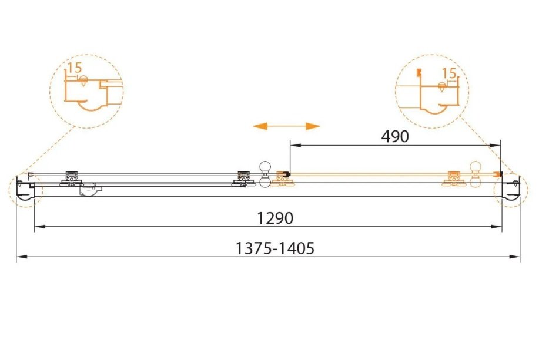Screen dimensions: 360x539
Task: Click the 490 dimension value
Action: [x=394, y=136]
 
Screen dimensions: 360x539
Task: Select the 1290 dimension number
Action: [x=274, y=218]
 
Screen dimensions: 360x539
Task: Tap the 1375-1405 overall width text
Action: [x=275, y=248]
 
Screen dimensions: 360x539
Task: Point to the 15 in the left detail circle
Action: [x=75, y=68]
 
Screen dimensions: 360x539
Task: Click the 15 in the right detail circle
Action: [x=449, y=73]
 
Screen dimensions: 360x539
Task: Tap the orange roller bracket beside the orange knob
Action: [x=453, y=178]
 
